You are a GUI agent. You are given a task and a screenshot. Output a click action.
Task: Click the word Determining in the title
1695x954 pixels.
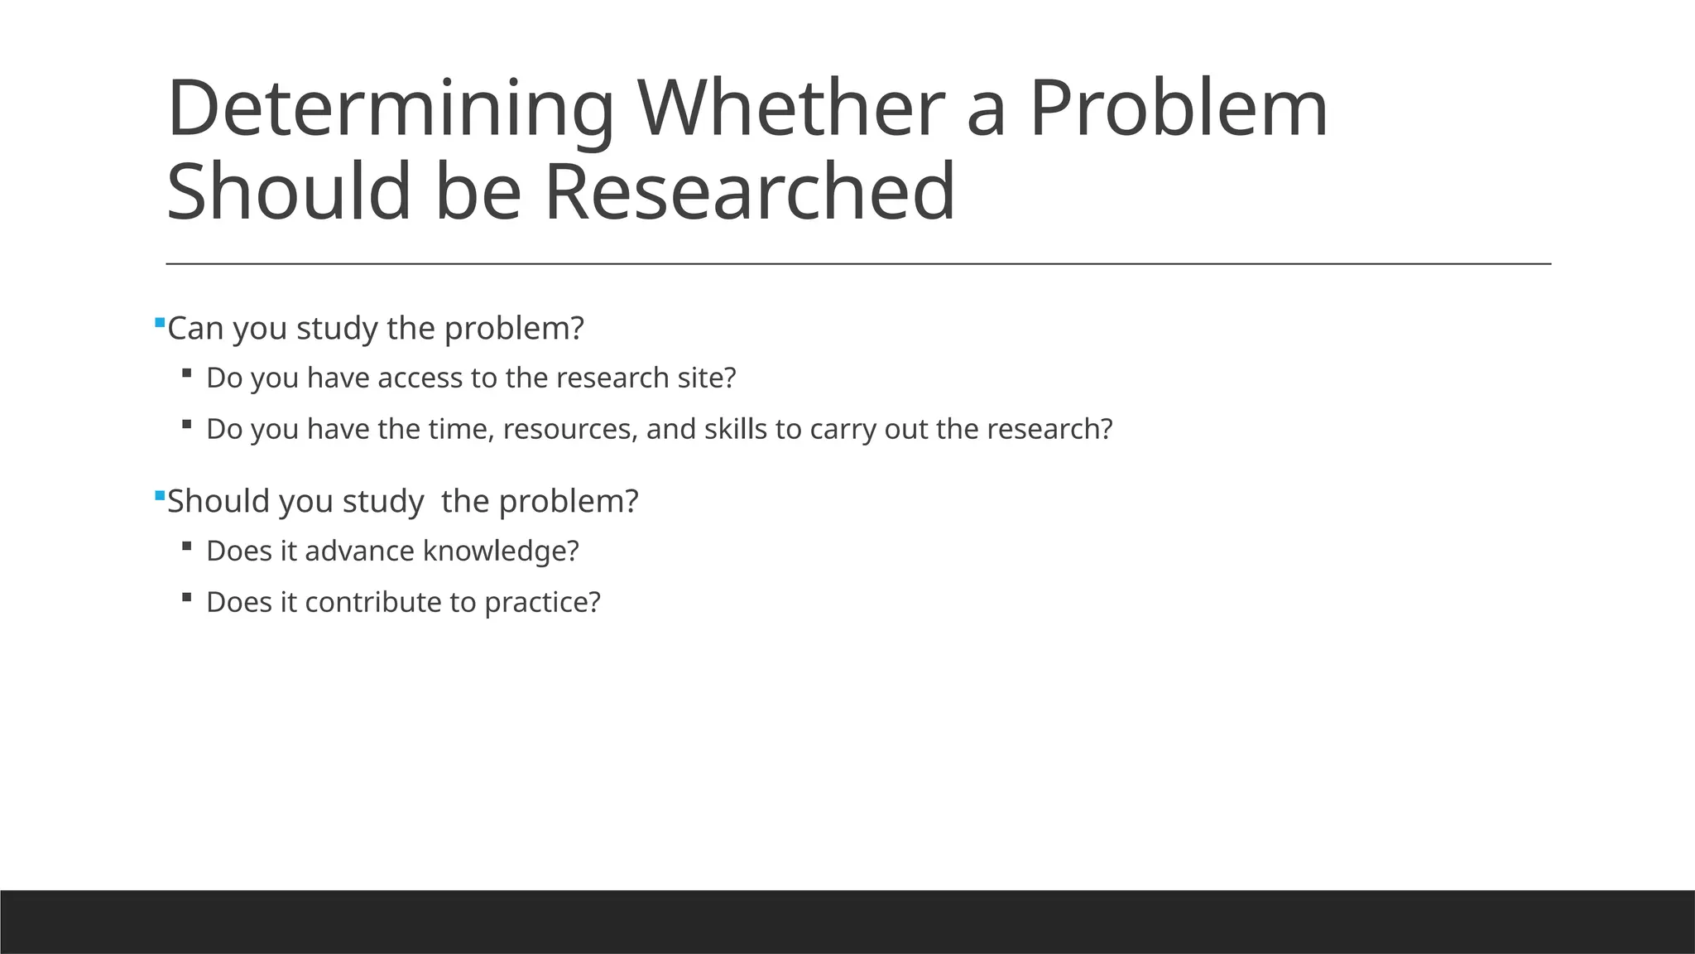click(390, 109)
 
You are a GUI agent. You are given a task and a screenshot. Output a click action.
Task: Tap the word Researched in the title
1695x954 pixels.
click(749, 192)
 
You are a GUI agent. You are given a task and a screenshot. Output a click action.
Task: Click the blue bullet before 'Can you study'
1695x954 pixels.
click(160, 321)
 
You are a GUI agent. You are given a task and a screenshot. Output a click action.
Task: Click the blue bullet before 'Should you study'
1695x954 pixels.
click(160, 494)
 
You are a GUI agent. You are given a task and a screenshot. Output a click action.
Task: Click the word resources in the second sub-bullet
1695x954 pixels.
click(569, 430)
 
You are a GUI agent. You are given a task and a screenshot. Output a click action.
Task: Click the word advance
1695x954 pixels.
click(359, 551)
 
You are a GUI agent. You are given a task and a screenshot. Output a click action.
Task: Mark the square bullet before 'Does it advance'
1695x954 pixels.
click(186, 546)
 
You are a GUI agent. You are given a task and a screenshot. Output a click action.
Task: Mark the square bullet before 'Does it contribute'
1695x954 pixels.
click(186, 596)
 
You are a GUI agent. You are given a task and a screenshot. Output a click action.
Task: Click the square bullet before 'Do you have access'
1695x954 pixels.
click(186, 373)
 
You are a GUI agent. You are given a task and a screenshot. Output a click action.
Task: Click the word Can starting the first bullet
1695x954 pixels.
click(195, 329)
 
